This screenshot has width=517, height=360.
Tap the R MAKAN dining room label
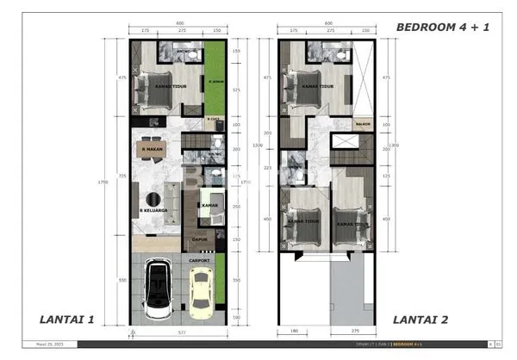click(x=153, y=150)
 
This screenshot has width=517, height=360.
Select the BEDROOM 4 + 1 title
click(x=442, y=27)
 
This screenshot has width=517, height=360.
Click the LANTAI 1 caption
click(x=66, y=320)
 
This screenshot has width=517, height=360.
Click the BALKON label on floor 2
click(x=363, y=124)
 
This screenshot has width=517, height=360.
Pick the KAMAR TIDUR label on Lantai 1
click(x=172, y=87)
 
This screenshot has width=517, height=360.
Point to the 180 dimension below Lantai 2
click(x=294, y=331)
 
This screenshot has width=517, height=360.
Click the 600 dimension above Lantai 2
click(x=327, y=23)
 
